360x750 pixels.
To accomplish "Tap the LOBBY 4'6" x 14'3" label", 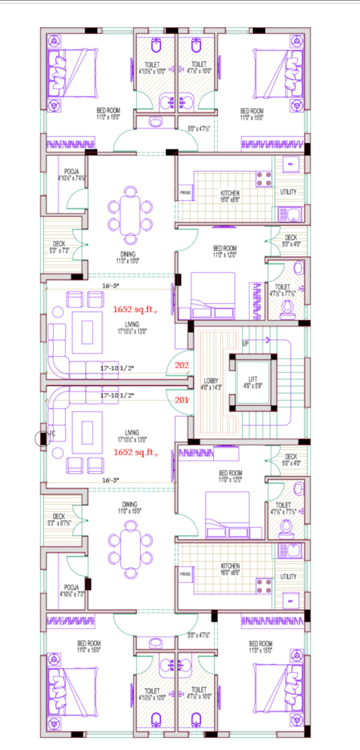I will click(x=211, y=384).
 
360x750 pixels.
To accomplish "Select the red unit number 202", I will click(x=182, y=365).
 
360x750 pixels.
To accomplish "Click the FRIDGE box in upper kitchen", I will click(x=185, y=193).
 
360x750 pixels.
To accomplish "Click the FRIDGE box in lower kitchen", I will click(x=185, y=574).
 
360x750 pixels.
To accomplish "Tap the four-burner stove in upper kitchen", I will click(x=264, y=179).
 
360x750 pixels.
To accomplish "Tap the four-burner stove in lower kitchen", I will click(x=264, y=586).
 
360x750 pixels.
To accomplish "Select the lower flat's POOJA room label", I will click(x=71, y=591).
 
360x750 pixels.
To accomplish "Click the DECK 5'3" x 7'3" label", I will click(x=59, y=247).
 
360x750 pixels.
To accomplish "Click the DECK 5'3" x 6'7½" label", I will click(x=59, y=519).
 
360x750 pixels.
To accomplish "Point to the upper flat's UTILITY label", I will click(x=288, y=192).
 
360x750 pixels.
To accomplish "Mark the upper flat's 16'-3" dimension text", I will click(x=110, y=286).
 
